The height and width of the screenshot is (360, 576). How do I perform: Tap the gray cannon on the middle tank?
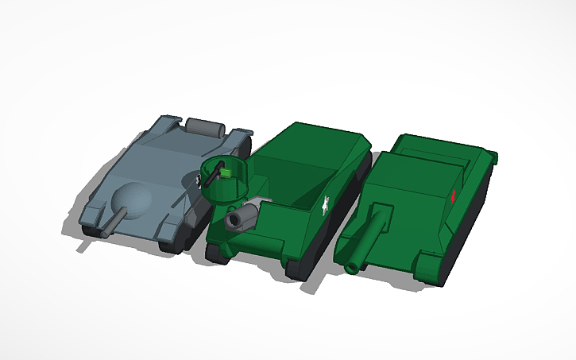tap(242, 217)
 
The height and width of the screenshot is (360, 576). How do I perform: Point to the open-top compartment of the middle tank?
tap(294, 179)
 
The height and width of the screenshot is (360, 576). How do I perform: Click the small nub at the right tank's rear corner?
tap(495, 156)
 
